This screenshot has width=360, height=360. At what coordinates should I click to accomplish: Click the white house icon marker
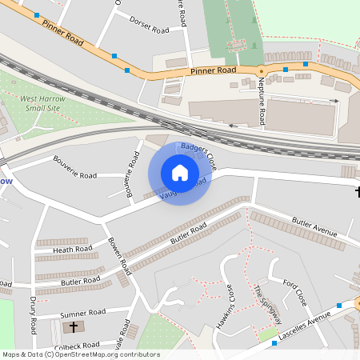pyautogui.click(x=180, y=172)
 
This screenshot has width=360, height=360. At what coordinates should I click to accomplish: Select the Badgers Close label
pyautogui.click(x=199, y=155)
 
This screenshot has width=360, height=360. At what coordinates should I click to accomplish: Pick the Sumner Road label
pyautogui.click(x=82, y=312)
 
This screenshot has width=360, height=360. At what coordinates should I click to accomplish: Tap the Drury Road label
pyautogui.click(x=34, y=314)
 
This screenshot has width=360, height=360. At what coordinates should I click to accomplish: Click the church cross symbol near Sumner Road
pyautogui.click(x=74, y=327)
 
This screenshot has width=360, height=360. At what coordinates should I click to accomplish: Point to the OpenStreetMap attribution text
pyautogui.click(x=80, y=354)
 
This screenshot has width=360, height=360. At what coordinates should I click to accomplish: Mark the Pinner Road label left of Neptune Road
pyautogui.click(x=214, y=71)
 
